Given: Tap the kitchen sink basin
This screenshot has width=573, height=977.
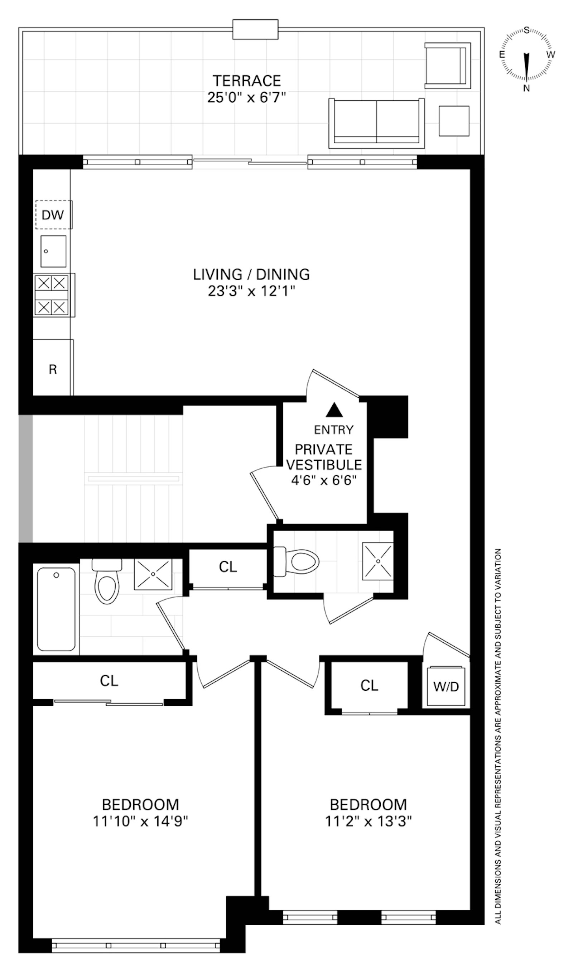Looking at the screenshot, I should (x=53, y=251).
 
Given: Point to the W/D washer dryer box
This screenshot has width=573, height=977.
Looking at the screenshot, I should (x=446, y=686).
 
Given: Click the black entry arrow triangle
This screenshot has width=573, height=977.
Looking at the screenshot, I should (x=334, y=410).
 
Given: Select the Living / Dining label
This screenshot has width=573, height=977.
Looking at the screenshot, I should (x=251, y=274).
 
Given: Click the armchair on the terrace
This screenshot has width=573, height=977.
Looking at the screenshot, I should (x=447, y=66).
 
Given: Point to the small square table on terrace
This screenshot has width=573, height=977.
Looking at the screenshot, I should (x=454, y=121).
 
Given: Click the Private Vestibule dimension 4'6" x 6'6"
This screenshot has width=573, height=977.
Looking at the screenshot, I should (x=323, y=480).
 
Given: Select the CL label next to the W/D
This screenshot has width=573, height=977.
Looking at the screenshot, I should (x=369, y=685).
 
